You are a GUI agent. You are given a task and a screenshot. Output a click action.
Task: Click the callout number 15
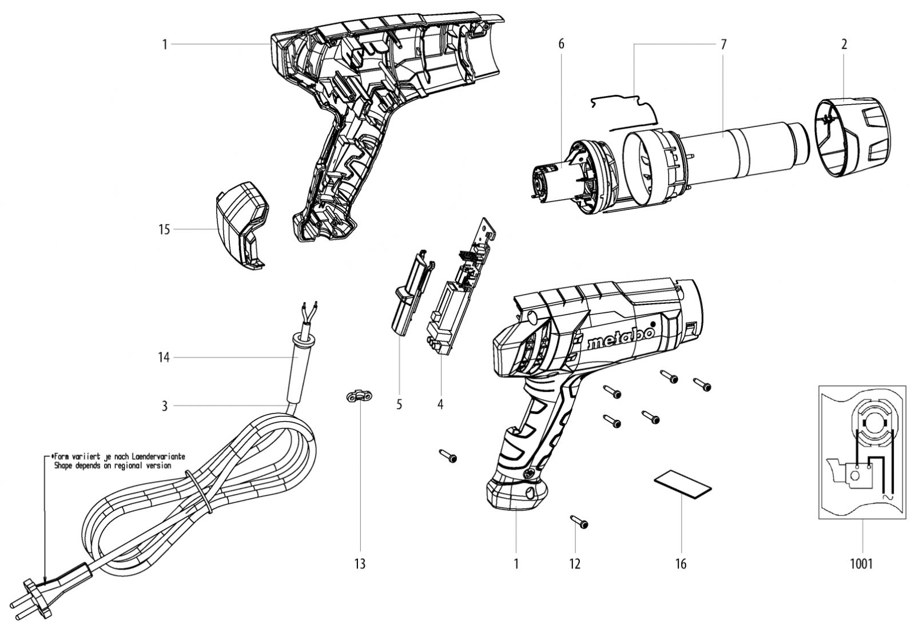(x=164, y=229)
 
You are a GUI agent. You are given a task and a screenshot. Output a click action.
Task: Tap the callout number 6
(x=561, y=44)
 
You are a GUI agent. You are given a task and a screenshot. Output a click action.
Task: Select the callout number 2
(x=844, y=44)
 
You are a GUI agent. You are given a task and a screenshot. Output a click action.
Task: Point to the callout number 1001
(x=861, y=564)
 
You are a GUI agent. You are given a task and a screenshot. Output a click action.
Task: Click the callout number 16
(x=681, y=564)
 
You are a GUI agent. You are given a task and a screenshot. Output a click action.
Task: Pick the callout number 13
(x=360, y=564)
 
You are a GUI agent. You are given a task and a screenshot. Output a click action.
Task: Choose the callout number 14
(x=164, y=358)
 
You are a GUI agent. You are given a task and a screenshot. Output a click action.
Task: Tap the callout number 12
(x=575, y=564)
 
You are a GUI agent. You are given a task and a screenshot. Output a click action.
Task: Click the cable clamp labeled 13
(x=360, y=396)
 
